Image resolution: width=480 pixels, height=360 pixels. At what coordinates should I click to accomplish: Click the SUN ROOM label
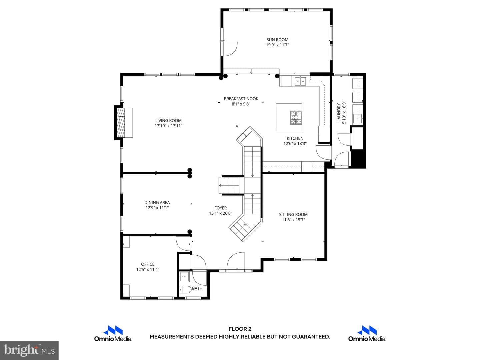coord(277,40)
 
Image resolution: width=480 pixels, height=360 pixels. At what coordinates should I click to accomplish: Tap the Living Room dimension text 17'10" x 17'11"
coord(168,126)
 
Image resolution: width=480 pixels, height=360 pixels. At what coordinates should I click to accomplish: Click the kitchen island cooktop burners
coord(296,118)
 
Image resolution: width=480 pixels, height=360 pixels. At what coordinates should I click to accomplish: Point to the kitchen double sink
coord(300,81)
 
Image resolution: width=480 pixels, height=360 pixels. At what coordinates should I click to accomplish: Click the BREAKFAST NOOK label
coord(241,99)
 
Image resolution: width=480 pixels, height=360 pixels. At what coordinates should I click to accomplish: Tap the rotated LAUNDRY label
coord(339,112)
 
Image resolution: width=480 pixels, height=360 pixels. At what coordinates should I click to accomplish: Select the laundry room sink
coord(358,118)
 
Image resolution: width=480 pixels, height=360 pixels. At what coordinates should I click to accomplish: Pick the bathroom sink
coord(184,277)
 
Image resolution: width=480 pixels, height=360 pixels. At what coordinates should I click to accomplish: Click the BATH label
coord(197,289)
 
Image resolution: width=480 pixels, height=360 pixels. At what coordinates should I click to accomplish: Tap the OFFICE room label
coord(148,264)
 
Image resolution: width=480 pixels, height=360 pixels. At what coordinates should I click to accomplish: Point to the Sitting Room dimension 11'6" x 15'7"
coord(293,220)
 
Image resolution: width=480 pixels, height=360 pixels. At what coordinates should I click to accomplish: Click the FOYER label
coord(220,208)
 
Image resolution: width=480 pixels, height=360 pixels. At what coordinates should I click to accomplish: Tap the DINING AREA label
coord(157,203)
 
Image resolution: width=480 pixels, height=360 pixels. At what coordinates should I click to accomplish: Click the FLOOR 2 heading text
coord(240,329)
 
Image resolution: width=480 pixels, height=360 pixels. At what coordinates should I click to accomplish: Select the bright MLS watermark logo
coord(29,350)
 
